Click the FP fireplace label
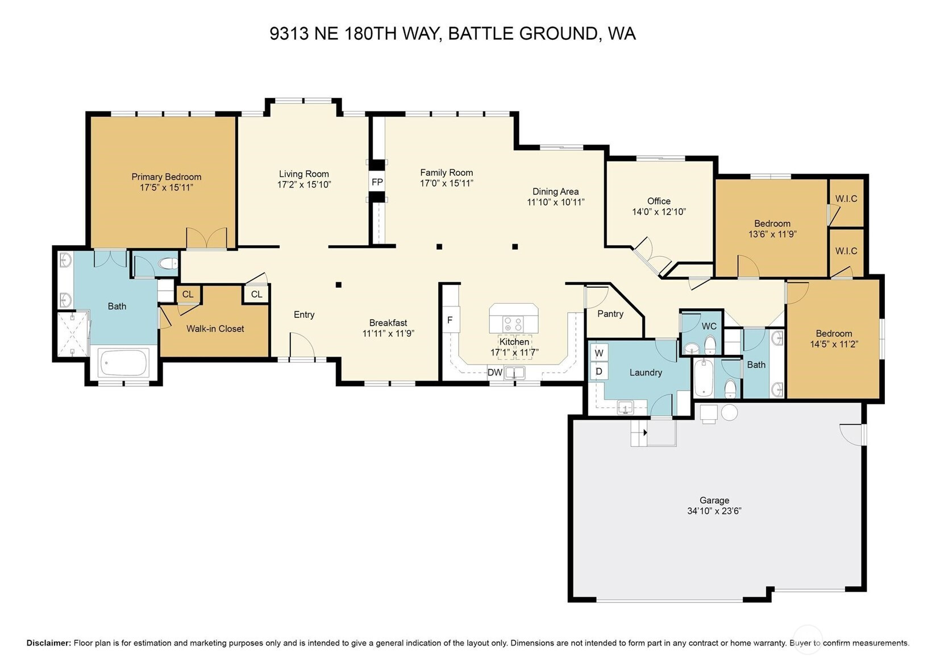tap(377, 183)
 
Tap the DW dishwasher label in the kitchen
tap(495, 372)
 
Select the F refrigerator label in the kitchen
tap(450, 320)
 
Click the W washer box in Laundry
tap(599, 353)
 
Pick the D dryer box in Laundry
tap(599, 371)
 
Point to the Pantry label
tap(610, 313)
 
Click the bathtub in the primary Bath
tap(124, 363)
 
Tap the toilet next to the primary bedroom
tap(169, 264)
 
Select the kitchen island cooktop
tap(513, 323)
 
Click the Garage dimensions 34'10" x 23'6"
tap(714, 511)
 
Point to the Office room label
tap(659, 201)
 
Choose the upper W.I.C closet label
tap(846, 198)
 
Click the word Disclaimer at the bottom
tap(49, 643)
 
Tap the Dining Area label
tap(555, 192)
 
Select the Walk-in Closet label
tap(215, 329)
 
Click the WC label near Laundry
tap(709, 326)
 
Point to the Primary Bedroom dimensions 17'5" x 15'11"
tap(167, 187)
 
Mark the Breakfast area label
tap(388, 323)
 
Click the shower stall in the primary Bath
tap(73, 334)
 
